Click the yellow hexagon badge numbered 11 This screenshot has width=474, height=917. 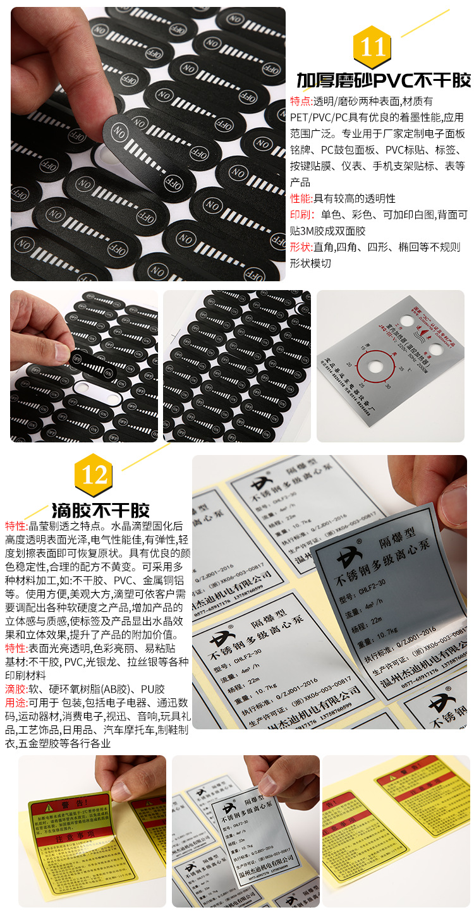(x=372, y=47)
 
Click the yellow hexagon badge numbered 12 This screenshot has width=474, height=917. (x=94, y=475)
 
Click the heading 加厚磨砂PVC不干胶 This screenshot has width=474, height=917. (x=384, y=81)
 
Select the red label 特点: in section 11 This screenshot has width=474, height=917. (x=300, y=101)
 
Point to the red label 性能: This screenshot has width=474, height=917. (x=301, y=198)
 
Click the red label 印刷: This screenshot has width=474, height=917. (x=301, y=215)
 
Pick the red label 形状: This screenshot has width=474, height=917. (x=301, y=247)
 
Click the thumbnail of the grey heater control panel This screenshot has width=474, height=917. (x=391, y=366)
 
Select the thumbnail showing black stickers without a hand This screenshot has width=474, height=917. (x=237, y=366)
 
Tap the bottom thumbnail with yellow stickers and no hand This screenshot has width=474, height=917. (x=396, y=831)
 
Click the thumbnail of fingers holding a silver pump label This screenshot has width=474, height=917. (x=246, y=831)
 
